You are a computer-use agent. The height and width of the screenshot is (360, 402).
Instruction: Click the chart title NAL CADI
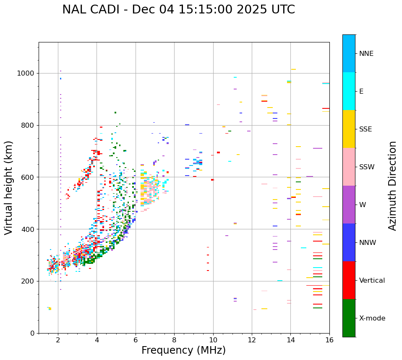[x=178, y=10]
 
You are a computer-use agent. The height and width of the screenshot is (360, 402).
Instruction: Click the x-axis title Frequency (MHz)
[x=183, y=350]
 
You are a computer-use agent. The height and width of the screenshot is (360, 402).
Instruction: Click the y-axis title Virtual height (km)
[x=9, y=188]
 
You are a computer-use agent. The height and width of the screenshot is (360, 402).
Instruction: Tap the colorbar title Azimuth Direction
[x=392, y=186]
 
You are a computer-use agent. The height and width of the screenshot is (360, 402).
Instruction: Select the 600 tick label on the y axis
[x=28, y=177]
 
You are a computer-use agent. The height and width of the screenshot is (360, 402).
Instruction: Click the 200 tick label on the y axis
[x=28, y=281]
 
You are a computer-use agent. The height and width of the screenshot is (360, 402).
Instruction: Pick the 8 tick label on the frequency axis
[x=174, y=340]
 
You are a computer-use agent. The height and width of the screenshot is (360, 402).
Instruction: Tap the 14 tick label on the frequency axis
[x=290, y=340]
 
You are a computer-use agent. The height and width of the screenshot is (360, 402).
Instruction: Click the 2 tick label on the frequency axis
[x=58, y=340]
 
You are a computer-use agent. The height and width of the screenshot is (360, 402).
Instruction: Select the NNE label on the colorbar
[x=366, y=54]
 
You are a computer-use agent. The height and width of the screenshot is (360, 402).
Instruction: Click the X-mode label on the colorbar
[x=372, y=318]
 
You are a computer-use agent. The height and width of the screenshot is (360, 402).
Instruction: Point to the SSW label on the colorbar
[x=367, y=167]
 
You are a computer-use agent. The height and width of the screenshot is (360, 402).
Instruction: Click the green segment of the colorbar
[x=349, y=318]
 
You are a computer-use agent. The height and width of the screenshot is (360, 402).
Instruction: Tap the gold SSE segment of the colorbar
[x=349, y=129]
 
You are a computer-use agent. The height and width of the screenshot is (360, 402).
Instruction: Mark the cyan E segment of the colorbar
[x=349, y=91]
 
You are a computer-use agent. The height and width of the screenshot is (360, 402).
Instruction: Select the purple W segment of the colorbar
[x=349, y=205]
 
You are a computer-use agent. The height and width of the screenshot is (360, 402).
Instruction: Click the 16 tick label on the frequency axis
[x=329, y=340]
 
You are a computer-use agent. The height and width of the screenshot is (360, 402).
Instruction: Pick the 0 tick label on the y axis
[x=32, y=333]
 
